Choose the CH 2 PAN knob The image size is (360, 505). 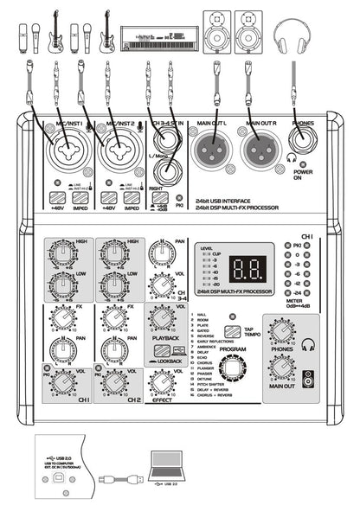[112, 351]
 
